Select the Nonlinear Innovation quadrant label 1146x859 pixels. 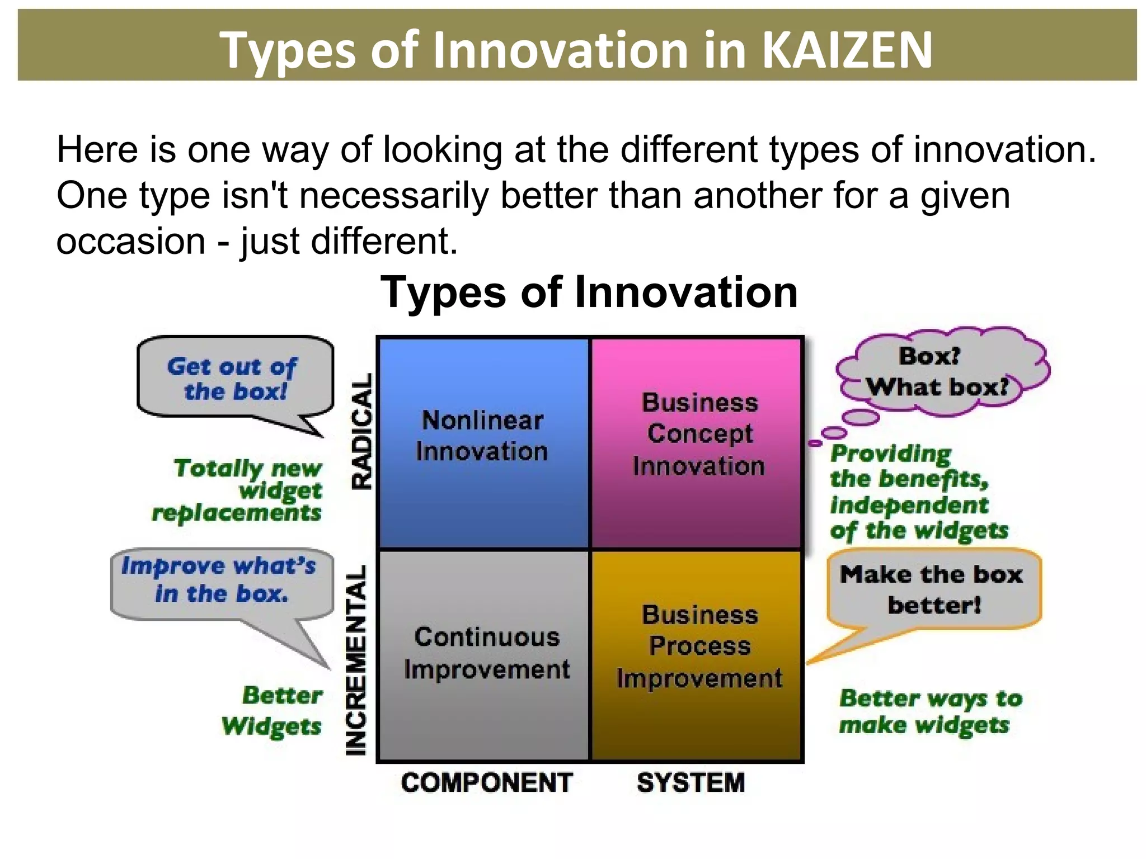coord(482,436)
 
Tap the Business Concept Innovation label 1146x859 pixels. coord(699,434)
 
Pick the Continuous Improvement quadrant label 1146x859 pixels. coord(487,653)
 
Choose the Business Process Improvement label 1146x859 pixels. coord(699,646)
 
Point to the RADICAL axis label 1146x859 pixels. coord(361,432)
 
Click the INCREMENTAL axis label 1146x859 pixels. coord(356,660)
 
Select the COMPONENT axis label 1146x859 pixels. coord(487,782)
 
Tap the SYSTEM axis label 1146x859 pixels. coord(691,782)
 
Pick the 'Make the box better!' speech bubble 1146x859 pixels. coord(932,589)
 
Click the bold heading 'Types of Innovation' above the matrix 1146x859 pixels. coord(589,292)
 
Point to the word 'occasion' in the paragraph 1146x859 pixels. coord(131,241)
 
